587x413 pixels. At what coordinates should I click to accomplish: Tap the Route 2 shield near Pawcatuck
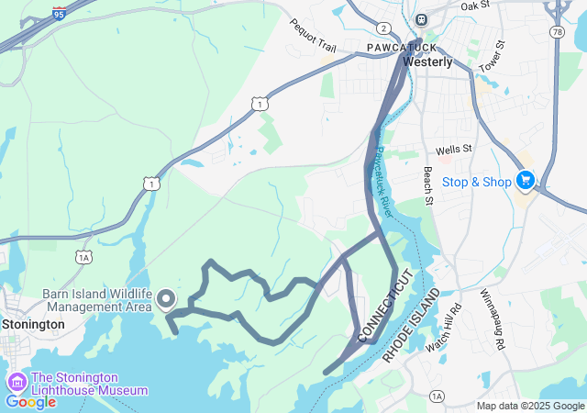382,28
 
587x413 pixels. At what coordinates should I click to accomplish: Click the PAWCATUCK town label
397,46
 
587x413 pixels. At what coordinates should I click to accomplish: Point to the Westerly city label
427,62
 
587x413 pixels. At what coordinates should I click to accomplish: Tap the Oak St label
476,6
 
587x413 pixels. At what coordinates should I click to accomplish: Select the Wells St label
453,149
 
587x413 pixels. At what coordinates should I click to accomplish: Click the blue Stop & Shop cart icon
526,180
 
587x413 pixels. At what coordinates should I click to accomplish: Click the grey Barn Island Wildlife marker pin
166,299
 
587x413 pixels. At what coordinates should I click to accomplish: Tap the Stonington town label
33,324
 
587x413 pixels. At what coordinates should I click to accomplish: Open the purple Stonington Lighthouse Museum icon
17,382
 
